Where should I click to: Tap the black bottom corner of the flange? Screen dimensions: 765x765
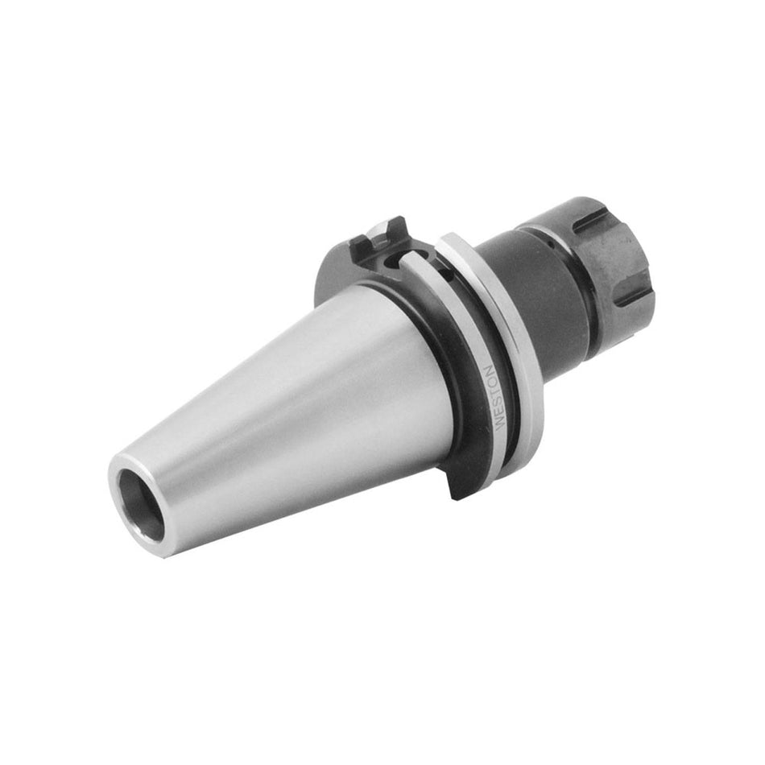click(456, 487)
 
